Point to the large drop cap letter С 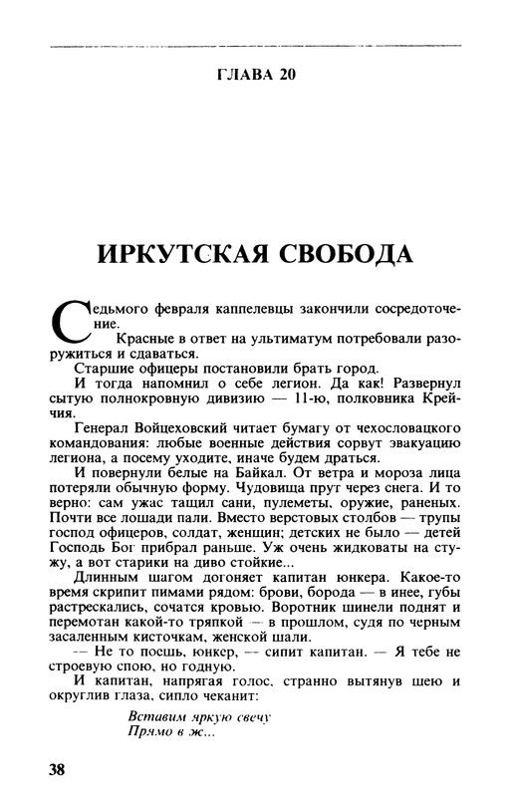point(68,321)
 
